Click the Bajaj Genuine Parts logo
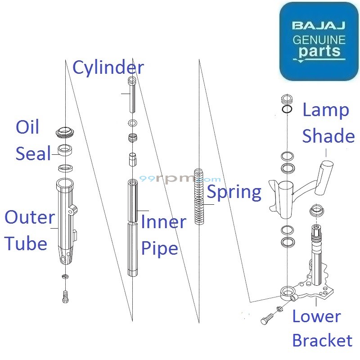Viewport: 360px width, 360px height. tap(319, 41)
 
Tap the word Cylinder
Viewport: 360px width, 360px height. tap(108, 68)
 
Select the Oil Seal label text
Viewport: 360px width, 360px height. tap(33, 140)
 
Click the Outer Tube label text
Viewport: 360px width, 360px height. tap(29, 230)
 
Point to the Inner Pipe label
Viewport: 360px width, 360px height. tap(163, 235)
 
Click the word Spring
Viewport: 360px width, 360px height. tap(234, 193)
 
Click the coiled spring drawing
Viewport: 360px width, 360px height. tap(199, 196)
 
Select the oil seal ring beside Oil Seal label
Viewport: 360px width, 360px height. tap(66, 150)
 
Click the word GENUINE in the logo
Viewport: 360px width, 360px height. tap(319, 39)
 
